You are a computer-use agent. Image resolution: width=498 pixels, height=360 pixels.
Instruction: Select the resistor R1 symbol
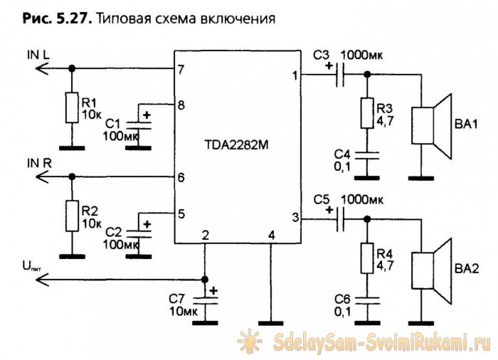(x=71, y=107)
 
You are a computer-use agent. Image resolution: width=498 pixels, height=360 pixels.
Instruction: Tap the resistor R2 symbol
(x=71, y=216)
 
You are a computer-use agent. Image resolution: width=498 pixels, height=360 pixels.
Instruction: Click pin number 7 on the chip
(x=181, y=70)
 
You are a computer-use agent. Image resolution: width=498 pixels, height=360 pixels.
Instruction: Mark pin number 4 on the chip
(x=270, y=235)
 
